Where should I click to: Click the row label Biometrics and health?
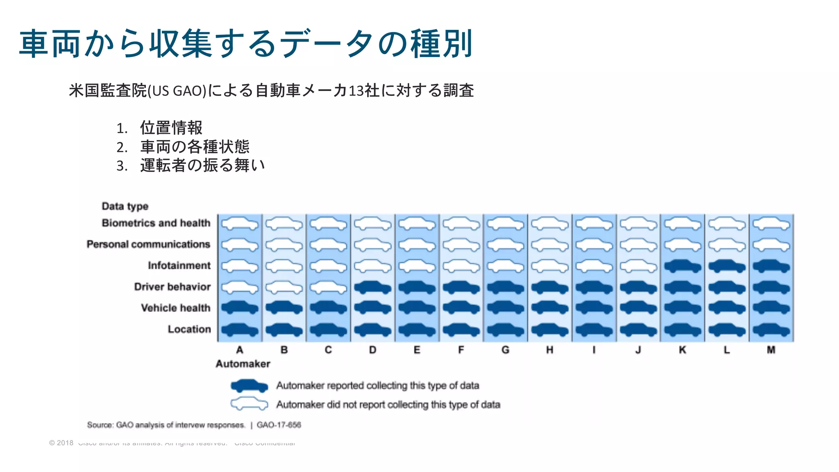coord(156,223)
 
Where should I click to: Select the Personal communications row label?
coord(148,244)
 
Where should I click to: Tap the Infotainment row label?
coord(179,265)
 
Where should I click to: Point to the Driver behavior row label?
coord(172,287)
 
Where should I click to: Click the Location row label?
coord(189,329)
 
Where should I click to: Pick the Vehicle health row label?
coord(176,308)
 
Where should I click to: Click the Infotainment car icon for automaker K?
coord(683,266)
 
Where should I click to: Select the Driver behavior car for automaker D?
coord(372,288)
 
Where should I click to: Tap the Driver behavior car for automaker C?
coord(328,288)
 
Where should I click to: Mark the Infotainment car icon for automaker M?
coord(771,266)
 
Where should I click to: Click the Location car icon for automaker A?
coord(240,329)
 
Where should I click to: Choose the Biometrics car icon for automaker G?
coord(506,224)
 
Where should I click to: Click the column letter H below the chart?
coord(550,350)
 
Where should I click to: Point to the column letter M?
coord(771,350)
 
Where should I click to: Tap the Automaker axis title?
coord(243,364)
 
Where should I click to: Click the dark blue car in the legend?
coord(249,386)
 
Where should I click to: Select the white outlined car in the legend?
coord(249,404)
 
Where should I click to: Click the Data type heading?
coord(125,206)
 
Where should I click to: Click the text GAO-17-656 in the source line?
coord(279,425)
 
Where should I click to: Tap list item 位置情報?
coord(171,128)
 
